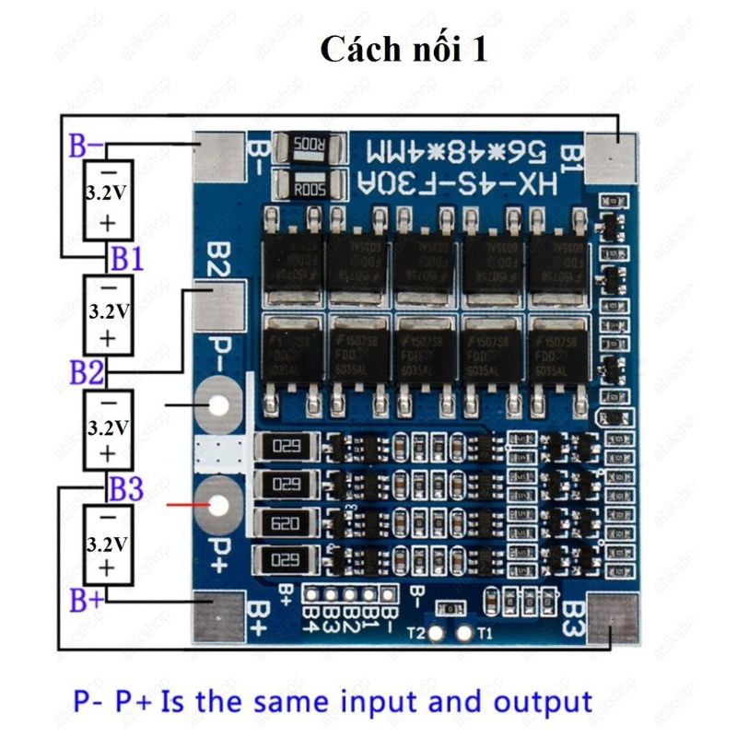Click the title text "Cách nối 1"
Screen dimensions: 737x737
[404, 49]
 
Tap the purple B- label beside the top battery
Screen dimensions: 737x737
[87, 146]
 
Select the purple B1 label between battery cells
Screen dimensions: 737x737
[126, 259]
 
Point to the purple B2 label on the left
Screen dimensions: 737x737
[87, 372]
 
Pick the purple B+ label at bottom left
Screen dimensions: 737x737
[88, 600]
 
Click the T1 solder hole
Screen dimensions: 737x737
[464, 633]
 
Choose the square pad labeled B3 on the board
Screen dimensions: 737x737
[612, 617]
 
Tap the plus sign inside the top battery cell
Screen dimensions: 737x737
[108, 222]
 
